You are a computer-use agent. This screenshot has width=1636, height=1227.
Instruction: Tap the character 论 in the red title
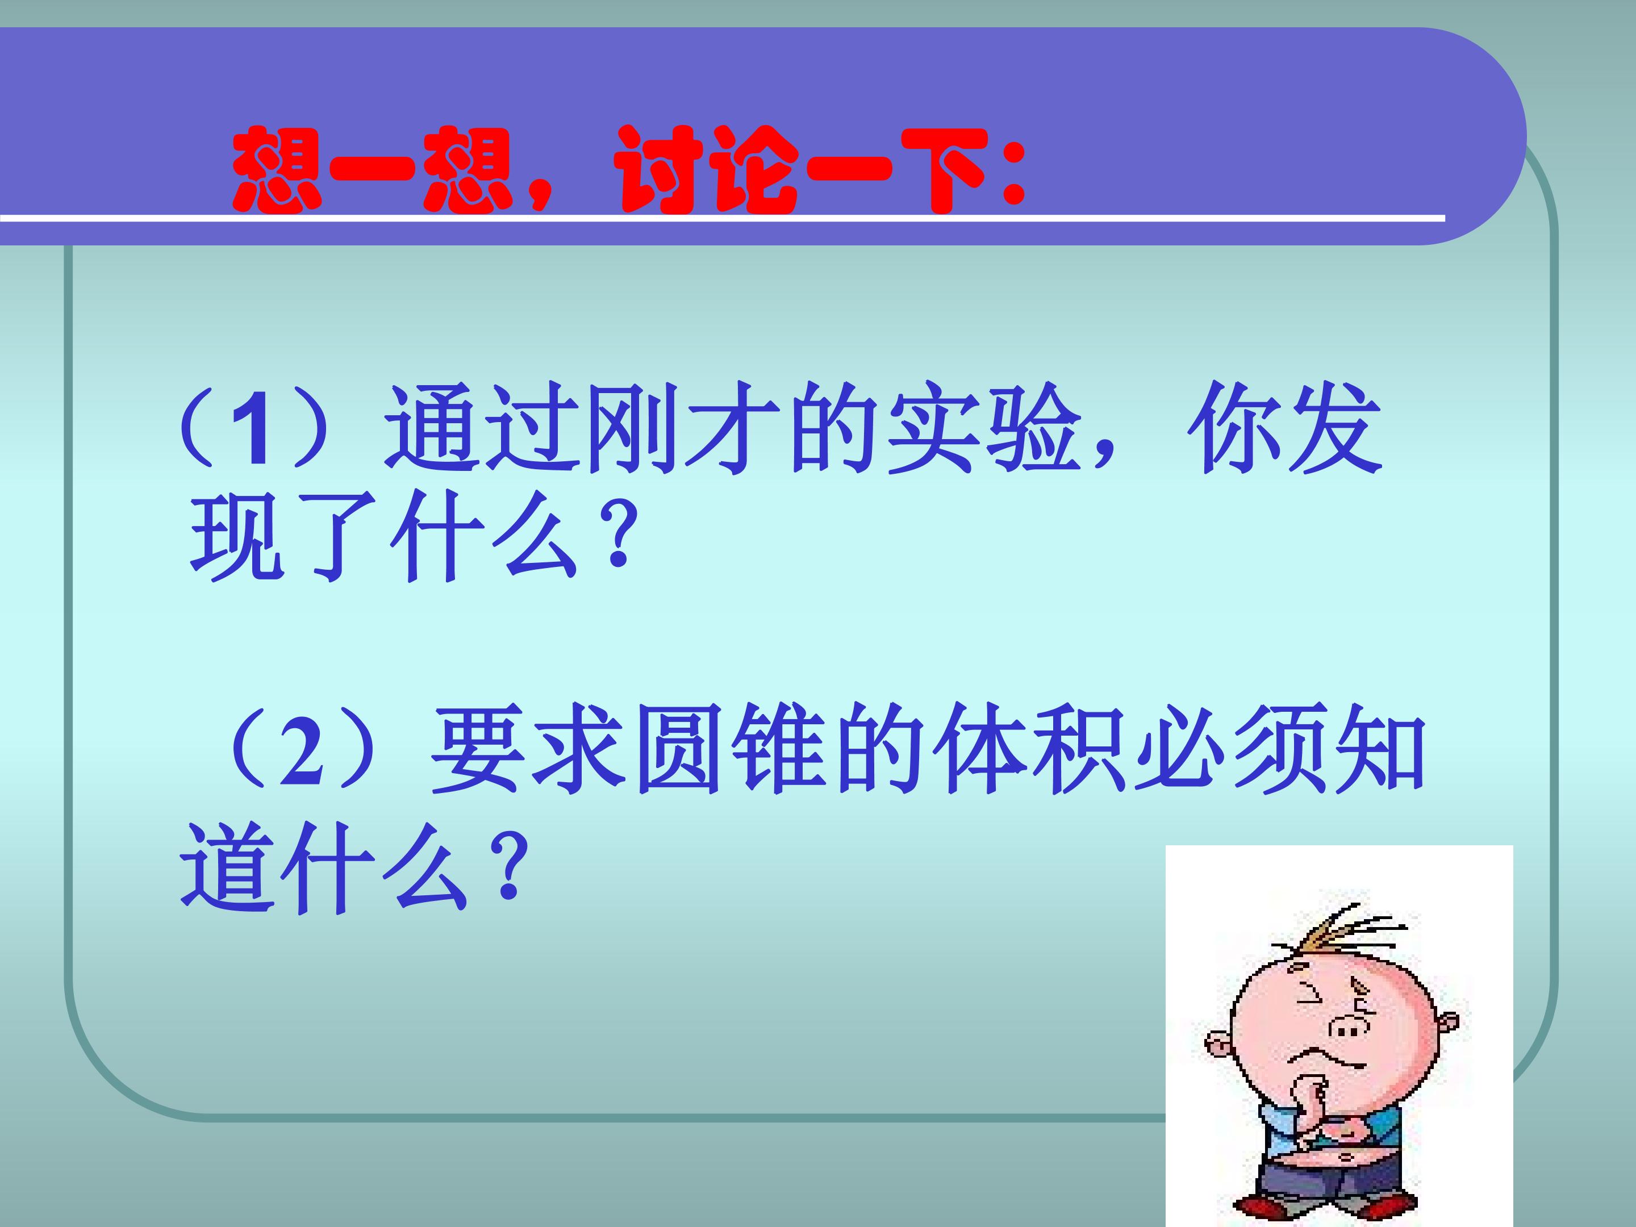click(754, 172)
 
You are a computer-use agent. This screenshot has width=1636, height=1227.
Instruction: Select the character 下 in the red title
click(943, 172)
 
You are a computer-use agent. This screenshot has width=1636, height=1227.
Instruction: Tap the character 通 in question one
click(433, 429)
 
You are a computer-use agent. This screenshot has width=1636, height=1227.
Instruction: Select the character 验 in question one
click(1032, 429)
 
